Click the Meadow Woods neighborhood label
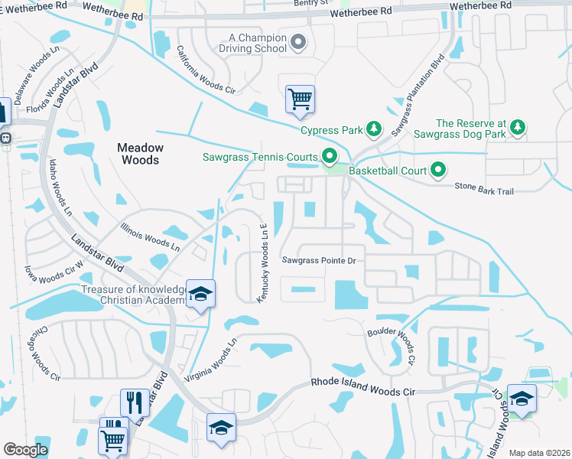click(x=138, y=154)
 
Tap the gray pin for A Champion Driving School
click(x=298, y=43)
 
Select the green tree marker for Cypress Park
click(x=374, y=129)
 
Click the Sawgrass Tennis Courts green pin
click(x=330, y=157)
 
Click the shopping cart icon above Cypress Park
click(x=300, y=99)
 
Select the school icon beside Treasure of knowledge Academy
click(x=200, y=295)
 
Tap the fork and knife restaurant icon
click(x=135, y=402)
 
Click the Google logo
click(x=26, y=450)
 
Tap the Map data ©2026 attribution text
click(x=538, y=453)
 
